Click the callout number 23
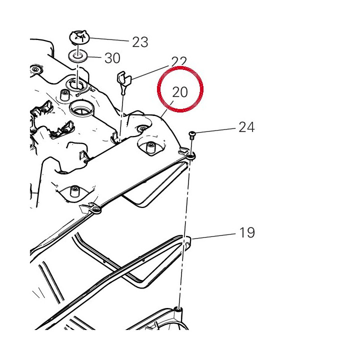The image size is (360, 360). point(140,42)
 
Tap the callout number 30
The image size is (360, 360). point(112,58)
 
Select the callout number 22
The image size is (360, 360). point(179,61)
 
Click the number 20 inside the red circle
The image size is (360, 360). point(180,92)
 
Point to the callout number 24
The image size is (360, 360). point(246,127)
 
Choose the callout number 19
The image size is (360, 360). point(247,232)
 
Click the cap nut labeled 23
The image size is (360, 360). point(79,37)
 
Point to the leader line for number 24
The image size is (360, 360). point(215,130)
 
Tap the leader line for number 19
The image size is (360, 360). point(214,236)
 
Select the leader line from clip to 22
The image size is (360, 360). point(149,72)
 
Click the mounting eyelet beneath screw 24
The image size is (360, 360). point(191,156)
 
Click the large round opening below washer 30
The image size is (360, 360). point(82,108)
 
